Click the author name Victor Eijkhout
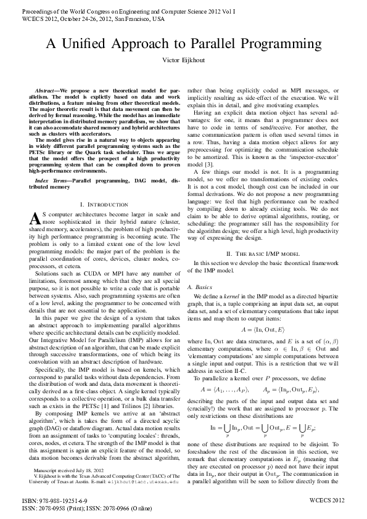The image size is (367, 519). [x=183, y=60]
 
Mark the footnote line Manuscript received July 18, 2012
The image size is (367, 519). [x=65, y=470]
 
